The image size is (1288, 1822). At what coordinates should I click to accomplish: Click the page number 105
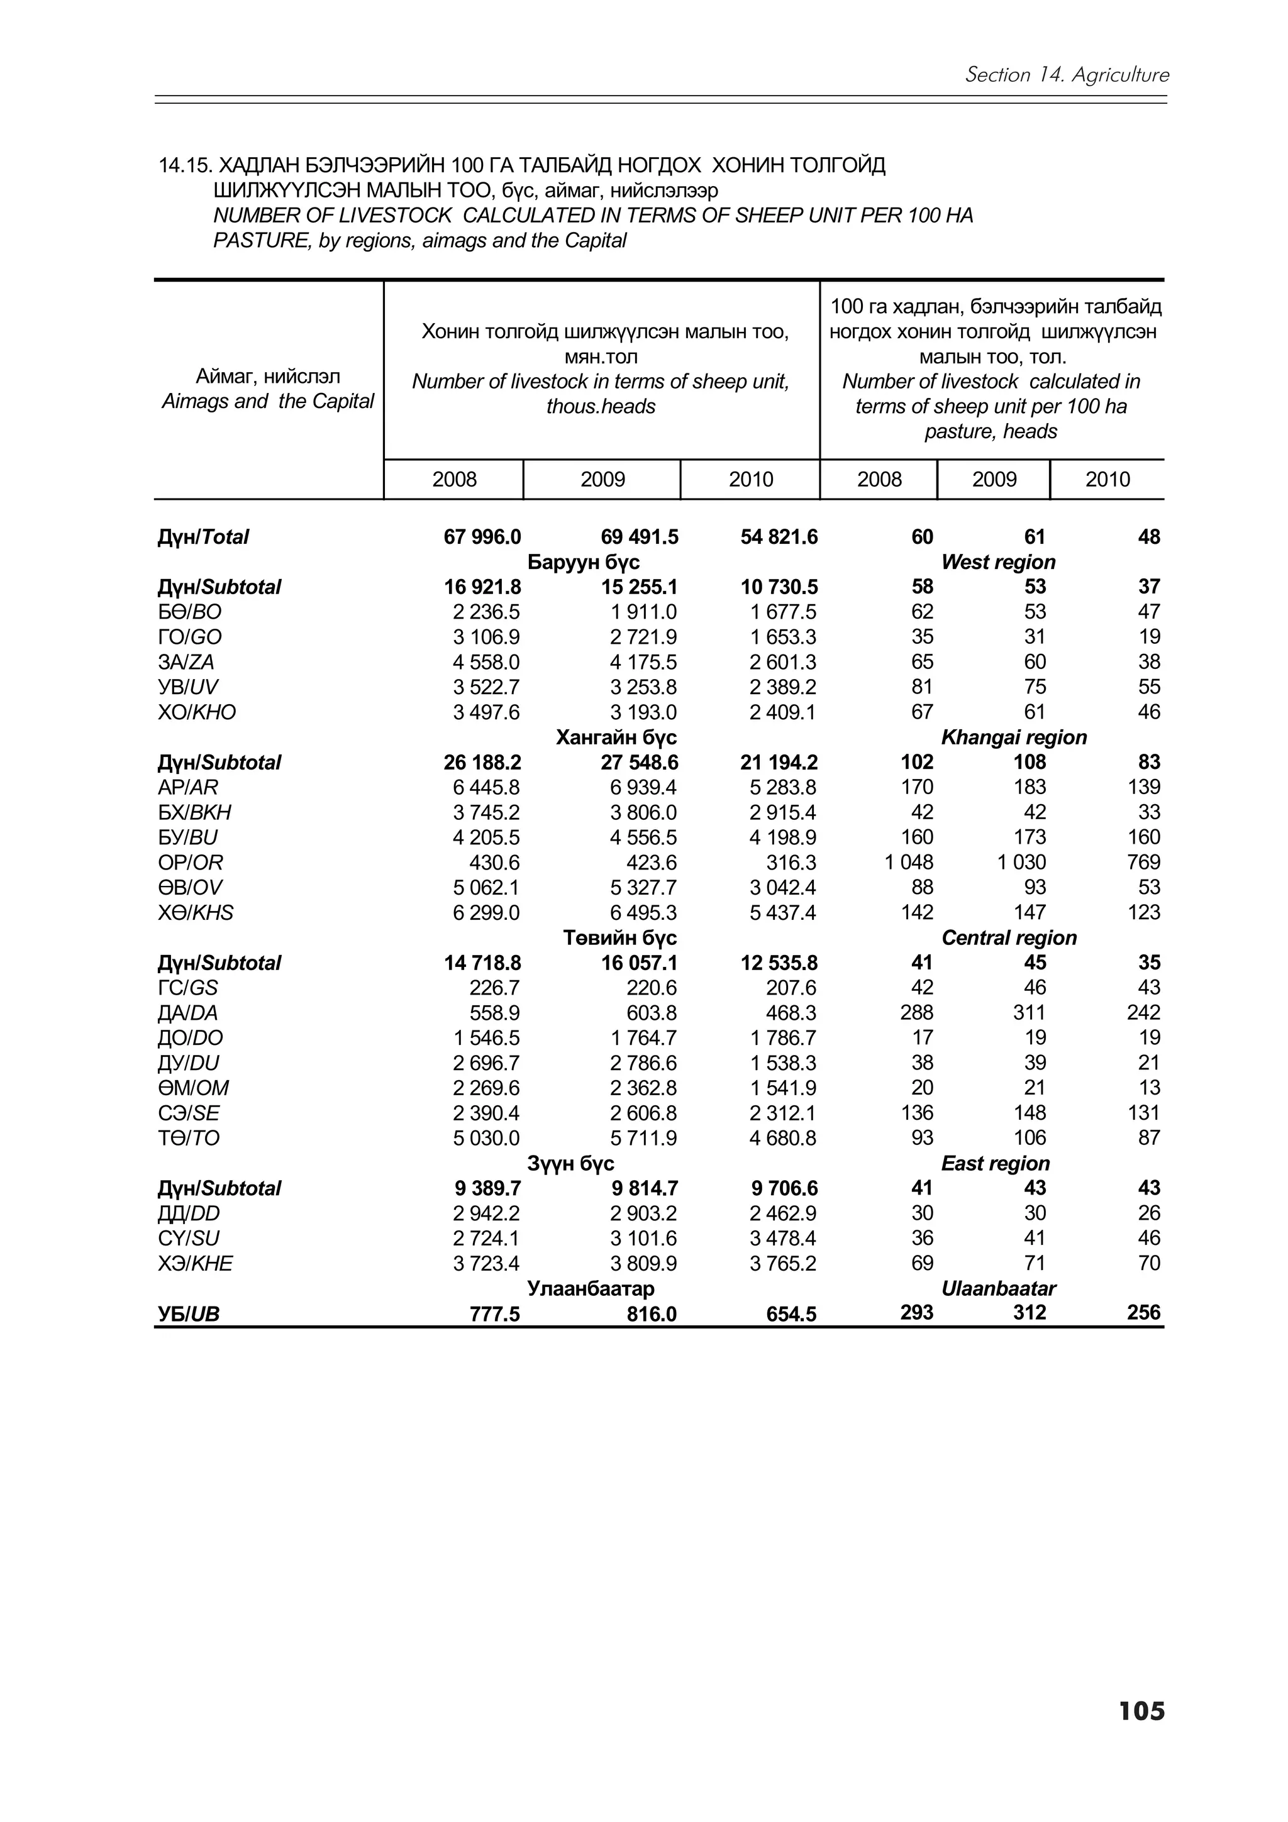click(1141, 1733)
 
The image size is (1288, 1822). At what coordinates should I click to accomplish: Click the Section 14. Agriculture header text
click(1067, 75)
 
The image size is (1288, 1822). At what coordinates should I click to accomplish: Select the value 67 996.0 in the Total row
click(482, 538)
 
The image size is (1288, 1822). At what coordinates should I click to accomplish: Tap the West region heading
click(997, 562)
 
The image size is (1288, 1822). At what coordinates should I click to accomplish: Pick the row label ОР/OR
click(191, 863)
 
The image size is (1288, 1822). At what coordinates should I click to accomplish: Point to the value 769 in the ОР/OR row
click(1143, 863)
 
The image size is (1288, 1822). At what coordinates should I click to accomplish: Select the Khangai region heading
click(1013, 737)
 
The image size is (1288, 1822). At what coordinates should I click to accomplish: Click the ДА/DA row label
click(187, 1013)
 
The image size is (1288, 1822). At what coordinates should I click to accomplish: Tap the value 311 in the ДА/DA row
click(1030, 1013)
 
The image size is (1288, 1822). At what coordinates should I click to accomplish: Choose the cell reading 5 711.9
click(643, 1138)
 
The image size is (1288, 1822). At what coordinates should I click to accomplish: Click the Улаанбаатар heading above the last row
click(591, 1288)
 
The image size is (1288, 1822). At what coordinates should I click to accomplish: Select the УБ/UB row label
click(188, 1314)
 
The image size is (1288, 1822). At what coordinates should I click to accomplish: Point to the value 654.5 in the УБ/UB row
click(791, 1314)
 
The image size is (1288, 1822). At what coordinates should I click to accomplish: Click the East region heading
click(995, 1163)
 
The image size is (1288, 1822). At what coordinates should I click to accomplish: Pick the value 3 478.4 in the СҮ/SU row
click(782, 1238)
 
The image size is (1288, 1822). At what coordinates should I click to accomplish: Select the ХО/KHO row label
click(197, 712)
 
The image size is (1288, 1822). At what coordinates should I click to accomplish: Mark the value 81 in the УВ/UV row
click(921, 687)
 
